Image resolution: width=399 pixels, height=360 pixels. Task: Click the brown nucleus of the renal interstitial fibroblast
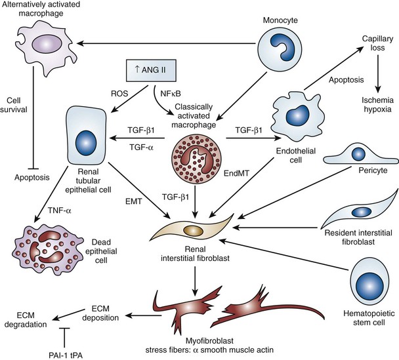[x=194, y=233]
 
